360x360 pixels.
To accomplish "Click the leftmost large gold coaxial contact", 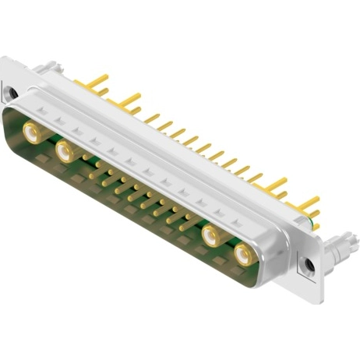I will click(x=33, y=132).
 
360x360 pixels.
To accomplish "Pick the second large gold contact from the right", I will click(x=211, y=235).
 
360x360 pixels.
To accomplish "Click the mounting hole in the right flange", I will click(x=309, y=265).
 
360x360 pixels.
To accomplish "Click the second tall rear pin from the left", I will click(x=129, y=99).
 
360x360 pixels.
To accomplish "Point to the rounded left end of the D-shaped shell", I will click(x=11, y=125).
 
